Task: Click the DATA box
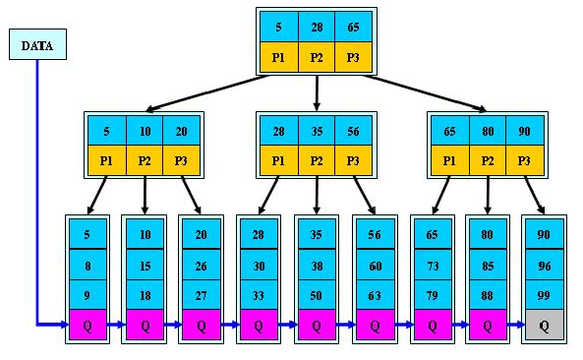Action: click(37, 44)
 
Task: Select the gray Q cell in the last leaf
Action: click(544, 324)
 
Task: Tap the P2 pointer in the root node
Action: click(318, 57)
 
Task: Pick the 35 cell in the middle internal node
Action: click(317, 131)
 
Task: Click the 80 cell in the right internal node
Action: click(487, 131)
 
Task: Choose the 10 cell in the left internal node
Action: click(145, 131)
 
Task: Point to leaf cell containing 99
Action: click(544, 293)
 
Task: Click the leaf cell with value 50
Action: click(317, 293)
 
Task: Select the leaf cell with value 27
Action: click(203, 293)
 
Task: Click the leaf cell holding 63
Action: click(374, 293)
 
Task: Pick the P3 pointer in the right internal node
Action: click(524, 160)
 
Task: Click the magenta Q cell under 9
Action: click(87, 324)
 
